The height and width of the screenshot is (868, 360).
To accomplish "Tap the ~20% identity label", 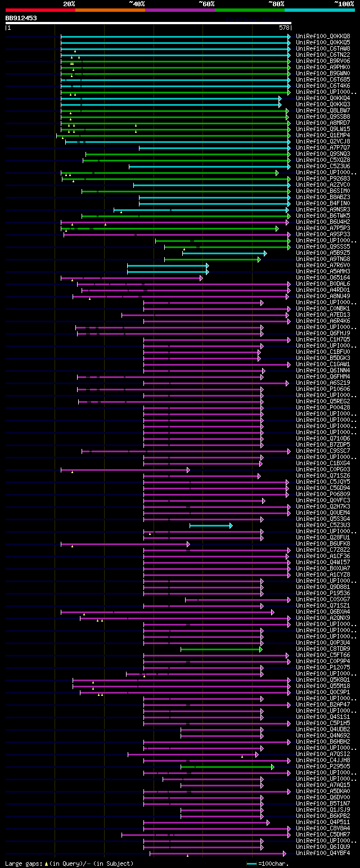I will (x=69, y=3).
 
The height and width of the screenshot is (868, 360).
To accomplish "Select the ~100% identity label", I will (x=343, y=3).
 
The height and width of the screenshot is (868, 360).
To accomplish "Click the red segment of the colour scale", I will (x=40, y=10).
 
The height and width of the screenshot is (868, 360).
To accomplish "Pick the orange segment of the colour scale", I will (x=110, y=10).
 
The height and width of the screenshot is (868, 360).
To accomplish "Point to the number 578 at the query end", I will (x=284, y=28).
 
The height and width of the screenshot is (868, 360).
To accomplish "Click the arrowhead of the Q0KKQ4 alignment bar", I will (x=280, y=98).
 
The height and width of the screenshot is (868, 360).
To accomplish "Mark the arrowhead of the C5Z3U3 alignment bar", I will (x=231, y=525).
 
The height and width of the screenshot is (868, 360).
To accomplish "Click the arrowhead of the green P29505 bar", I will (x=272, y=767).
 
